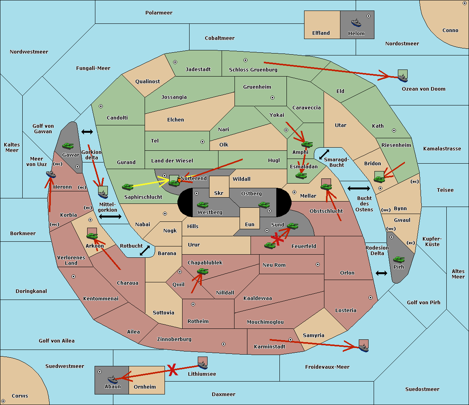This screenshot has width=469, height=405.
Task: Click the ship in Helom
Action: tap(356, 23)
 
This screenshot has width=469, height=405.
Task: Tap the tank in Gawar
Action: tap(68, 146)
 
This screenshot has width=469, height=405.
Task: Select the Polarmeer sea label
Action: tap(159, 13)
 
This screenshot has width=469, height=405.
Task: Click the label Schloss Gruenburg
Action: tap(253, 70)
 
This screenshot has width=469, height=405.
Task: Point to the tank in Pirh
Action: tap(399, 259)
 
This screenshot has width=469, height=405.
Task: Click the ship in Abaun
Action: tap(113, 380)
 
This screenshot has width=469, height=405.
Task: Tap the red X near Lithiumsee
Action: tap(173, 369)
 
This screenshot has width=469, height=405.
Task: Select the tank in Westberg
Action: tap(202, 205)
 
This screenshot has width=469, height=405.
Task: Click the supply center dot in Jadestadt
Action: tap(175, 62)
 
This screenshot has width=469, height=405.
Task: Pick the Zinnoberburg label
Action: tap(174, 339)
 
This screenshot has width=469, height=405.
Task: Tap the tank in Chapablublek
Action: tap(202, 271)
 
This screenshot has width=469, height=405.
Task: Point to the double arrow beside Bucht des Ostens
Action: tap(359, 188)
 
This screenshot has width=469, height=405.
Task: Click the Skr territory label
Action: tap(219, 193)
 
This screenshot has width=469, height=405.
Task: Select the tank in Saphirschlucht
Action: tap(127, 187)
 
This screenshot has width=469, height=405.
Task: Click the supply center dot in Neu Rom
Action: tap(318, 264)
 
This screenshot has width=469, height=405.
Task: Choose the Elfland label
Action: tap(321, 33)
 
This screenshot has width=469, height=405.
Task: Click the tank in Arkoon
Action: tap(92, 236)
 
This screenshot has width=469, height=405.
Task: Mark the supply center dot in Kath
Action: tap(394, 130)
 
